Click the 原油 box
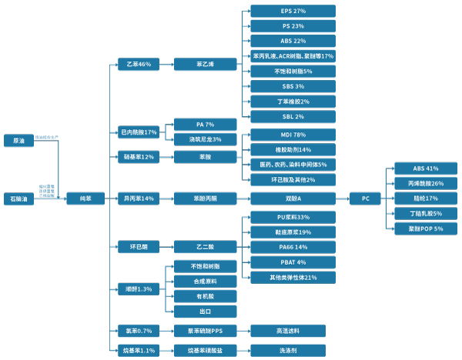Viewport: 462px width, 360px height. (x=18, y=141)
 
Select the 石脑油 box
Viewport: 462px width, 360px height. (x=18, y=198)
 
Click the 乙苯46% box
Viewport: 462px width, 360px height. (x=139, y=65)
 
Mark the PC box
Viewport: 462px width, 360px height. (x=366, y=198)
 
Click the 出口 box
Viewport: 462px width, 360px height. (x=205, y=312)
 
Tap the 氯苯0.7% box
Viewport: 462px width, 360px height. (x=139, y=331)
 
